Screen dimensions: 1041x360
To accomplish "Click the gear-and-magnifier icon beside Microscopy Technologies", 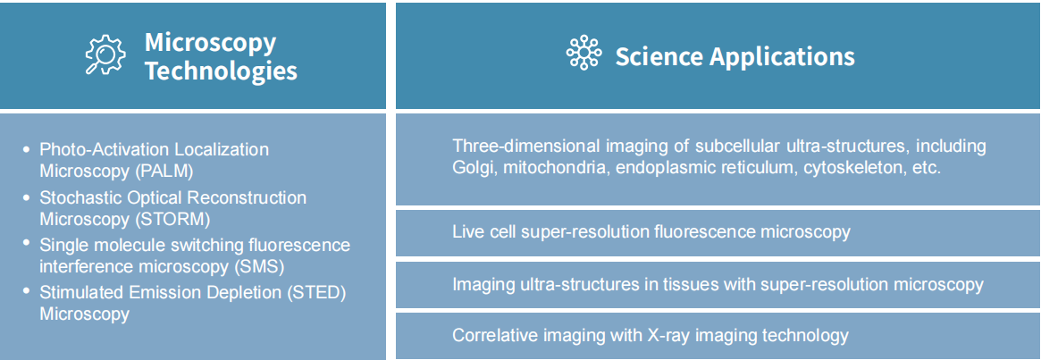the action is click(x=105, y=54).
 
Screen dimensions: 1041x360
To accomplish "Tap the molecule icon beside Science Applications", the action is click(x=583, y=52).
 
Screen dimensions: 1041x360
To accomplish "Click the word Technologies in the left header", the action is click(x=221, y=69).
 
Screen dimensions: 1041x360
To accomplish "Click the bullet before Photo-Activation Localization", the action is click(x=27, y=149).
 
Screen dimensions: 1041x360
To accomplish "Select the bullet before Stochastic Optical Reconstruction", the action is click(x=27, y=197).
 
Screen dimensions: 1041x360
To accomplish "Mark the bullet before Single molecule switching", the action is click(x=27, y=244).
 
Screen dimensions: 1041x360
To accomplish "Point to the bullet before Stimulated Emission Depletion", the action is click(x=27, y=291).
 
